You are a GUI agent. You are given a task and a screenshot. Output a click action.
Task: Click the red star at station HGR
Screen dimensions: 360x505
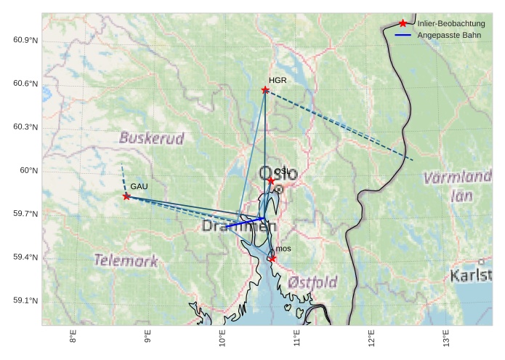(x=265, y=90)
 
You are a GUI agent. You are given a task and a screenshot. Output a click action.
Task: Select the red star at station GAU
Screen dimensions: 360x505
(x=126, y=196)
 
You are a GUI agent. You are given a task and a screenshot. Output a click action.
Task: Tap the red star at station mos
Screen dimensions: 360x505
(x=272, y=258)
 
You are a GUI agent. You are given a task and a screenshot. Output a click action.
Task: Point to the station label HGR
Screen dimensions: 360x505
(x=278, y=81)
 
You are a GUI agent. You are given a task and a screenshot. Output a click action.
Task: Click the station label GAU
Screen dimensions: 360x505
(x=140, y=187)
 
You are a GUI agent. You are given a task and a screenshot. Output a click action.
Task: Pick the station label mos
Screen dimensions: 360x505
(x=283, y=249)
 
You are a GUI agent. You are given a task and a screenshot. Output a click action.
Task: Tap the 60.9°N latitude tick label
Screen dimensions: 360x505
(x=25, y=40)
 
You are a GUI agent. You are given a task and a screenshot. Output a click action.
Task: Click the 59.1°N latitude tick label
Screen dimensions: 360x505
(x=25, y=301)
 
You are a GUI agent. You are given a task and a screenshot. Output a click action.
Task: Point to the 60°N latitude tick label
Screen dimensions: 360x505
(x=28, y=171)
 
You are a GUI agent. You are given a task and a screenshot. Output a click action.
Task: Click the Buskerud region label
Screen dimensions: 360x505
(x=152, y=137)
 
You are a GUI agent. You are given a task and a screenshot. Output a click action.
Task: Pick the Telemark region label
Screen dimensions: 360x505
(x=126, y=260)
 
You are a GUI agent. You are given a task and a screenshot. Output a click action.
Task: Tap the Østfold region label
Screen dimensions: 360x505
(x=312, y=281)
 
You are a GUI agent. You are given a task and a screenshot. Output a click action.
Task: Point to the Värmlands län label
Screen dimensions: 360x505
(x=458, y=185)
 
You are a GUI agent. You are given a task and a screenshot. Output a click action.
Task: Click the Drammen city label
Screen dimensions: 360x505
(x=239, y=227)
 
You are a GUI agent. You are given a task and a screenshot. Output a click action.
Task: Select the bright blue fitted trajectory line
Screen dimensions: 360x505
(x=245, y=222)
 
